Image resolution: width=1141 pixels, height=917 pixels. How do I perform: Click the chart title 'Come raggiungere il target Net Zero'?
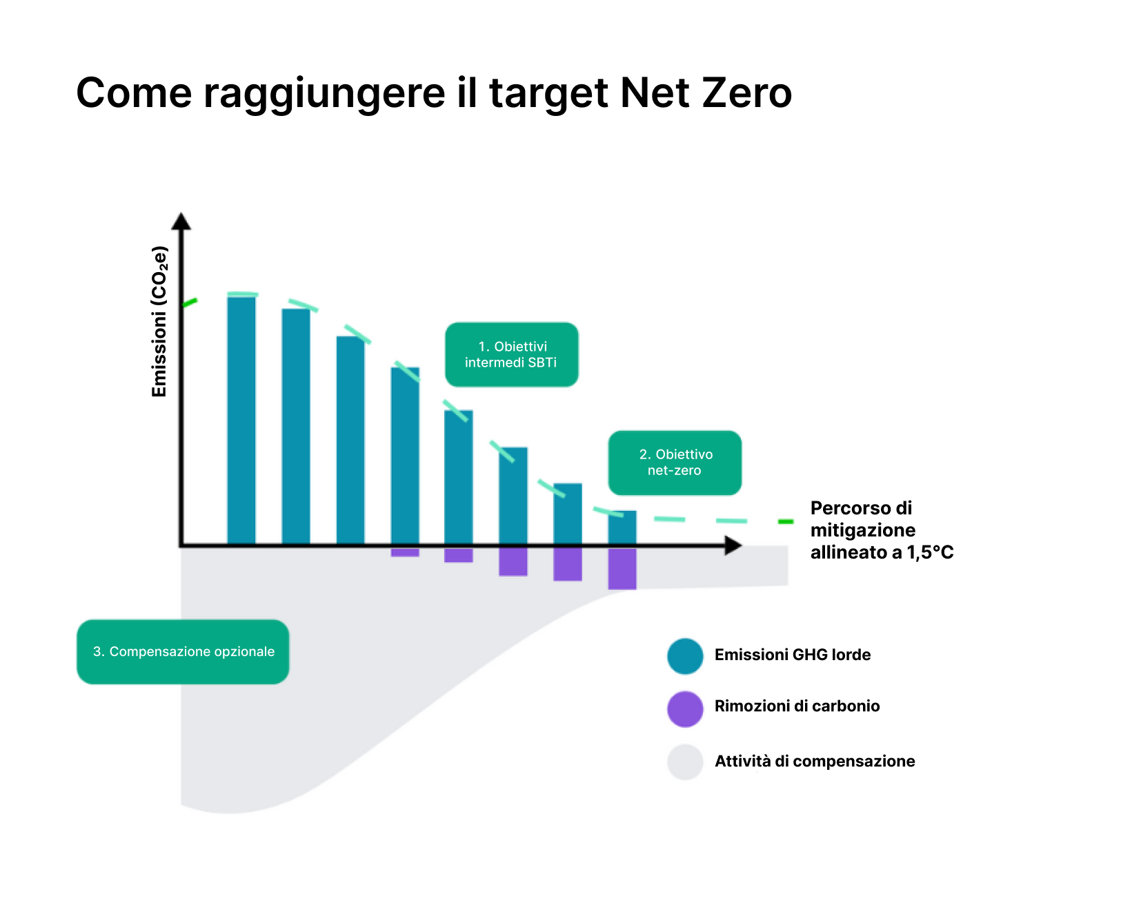pos(433,93)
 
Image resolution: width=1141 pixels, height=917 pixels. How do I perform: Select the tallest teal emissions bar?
pos(241,420)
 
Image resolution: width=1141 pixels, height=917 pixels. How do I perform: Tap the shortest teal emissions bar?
pos(622,528)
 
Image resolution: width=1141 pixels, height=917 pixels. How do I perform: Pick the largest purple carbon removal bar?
pos(622,569)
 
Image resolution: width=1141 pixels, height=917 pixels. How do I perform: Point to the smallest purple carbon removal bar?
pos(405,552)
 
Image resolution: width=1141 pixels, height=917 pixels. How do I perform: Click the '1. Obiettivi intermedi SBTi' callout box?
pos(511,354)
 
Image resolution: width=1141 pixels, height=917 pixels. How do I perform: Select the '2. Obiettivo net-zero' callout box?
pos(675,463)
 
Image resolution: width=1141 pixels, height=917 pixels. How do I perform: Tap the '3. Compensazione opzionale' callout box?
pos(183,652)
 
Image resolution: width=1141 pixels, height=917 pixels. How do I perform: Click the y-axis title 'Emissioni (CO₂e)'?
pos(159,322)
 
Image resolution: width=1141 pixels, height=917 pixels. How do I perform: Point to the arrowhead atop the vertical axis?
pos(181,221)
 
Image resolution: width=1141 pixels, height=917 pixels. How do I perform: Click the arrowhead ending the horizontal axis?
pos(733,546)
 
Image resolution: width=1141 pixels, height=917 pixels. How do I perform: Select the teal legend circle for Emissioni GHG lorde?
pos(685,656)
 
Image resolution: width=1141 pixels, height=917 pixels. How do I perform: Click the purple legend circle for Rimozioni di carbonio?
pos(685,709)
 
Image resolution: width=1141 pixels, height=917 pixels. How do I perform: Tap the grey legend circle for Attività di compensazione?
pos(685,762)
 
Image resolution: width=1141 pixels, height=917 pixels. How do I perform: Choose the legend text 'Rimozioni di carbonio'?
pos(797,706)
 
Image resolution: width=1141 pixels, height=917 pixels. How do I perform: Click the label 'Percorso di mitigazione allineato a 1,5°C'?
pos(881,530)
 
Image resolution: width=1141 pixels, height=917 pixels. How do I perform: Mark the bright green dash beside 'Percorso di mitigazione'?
pos(786,521)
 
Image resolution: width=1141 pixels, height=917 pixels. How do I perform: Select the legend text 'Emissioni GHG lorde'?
pos(793,655)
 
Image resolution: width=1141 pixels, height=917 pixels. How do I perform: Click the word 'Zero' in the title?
pos(746,93)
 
